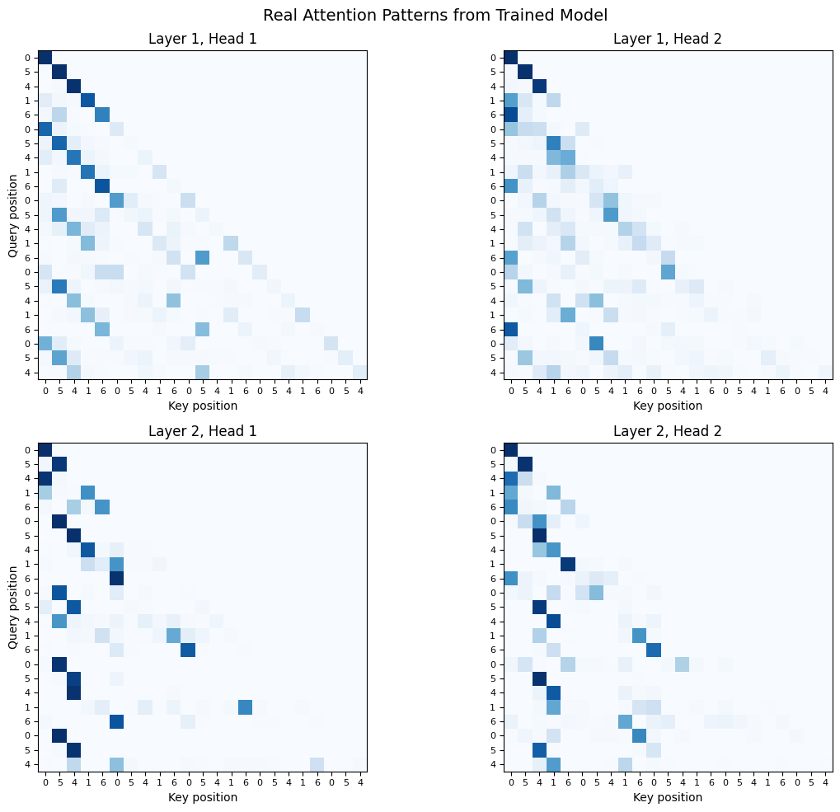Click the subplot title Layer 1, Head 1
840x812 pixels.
pyautogui.click(x=203, y=39)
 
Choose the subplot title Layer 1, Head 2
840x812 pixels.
pyautogui.click(x=668, y=39)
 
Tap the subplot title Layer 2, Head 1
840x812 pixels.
pyautogui.click(x=203, y=431)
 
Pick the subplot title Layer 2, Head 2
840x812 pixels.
pyautogui.click(x=668, y=431)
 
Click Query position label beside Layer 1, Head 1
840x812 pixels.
pyautogui.click(x=13, y=214)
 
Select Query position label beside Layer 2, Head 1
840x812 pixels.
pyautogui.click(x=13, y=607)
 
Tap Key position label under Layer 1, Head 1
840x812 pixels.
pyautogui.click(x=203, y=405)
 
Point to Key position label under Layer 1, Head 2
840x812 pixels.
pyautogui.click(x=668, y=405)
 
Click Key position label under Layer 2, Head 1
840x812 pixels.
pyautogui.click(x=203, y=797)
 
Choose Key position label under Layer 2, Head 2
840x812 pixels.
pyautogui.click(x=668, y=797)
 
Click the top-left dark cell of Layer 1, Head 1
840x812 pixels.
pyautogui.click(x=45, y=57)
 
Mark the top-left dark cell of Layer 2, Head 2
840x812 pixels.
pyautogui.click(x=510, y=449)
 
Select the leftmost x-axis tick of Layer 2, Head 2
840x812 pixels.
pyautogui.click(x=510, y=781)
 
